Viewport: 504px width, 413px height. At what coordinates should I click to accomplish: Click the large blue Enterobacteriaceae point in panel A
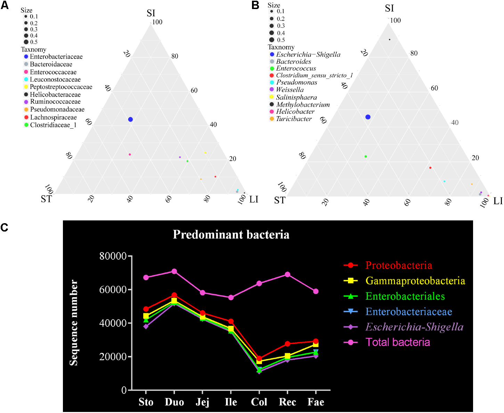(130, 120)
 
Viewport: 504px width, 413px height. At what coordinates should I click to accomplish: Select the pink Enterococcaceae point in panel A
(130, 154)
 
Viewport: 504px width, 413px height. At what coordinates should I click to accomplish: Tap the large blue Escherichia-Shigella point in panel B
(368, 117)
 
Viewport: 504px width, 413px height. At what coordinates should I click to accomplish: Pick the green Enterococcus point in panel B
(366, 156)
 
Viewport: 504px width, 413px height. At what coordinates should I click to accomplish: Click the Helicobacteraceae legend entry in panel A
(55, 95)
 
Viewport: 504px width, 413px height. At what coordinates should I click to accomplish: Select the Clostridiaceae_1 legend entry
(53, 125)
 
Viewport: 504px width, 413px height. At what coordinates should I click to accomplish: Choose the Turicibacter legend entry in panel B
(294, 119)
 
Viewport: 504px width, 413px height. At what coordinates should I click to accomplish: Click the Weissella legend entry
(290, 90)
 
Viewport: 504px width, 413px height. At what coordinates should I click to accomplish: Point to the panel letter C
(5, 227)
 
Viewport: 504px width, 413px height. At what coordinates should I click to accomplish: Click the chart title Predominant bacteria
(231, 235)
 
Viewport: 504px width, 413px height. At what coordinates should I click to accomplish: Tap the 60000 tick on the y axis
(113, 290)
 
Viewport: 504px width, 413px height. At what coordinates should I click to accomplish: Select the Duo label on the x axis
(174, 402)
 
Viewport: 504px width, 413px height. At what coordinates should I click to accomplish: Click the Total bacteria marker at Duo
(174, 272)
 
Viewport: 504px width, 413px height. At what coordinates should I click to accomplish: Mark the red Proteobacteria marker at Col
(259, 358)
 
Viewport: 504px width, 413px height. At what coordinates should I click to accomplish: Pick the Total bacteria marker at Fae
(316, 291)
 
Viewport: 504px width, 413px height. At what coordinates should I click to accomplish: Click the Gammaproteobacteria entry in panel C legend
(415, 281)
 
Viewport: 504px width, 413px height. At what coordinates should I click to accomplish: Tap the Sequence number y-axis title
(74, 323)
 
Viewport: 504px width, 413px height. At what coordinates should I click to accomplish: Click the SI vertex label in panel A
(151, 13)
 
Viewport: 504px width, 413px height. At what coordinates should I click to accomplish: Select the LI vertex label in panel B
(498, 201)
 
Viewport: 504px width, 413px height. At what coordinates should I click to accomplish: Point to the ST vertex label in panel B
(279, 201)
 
